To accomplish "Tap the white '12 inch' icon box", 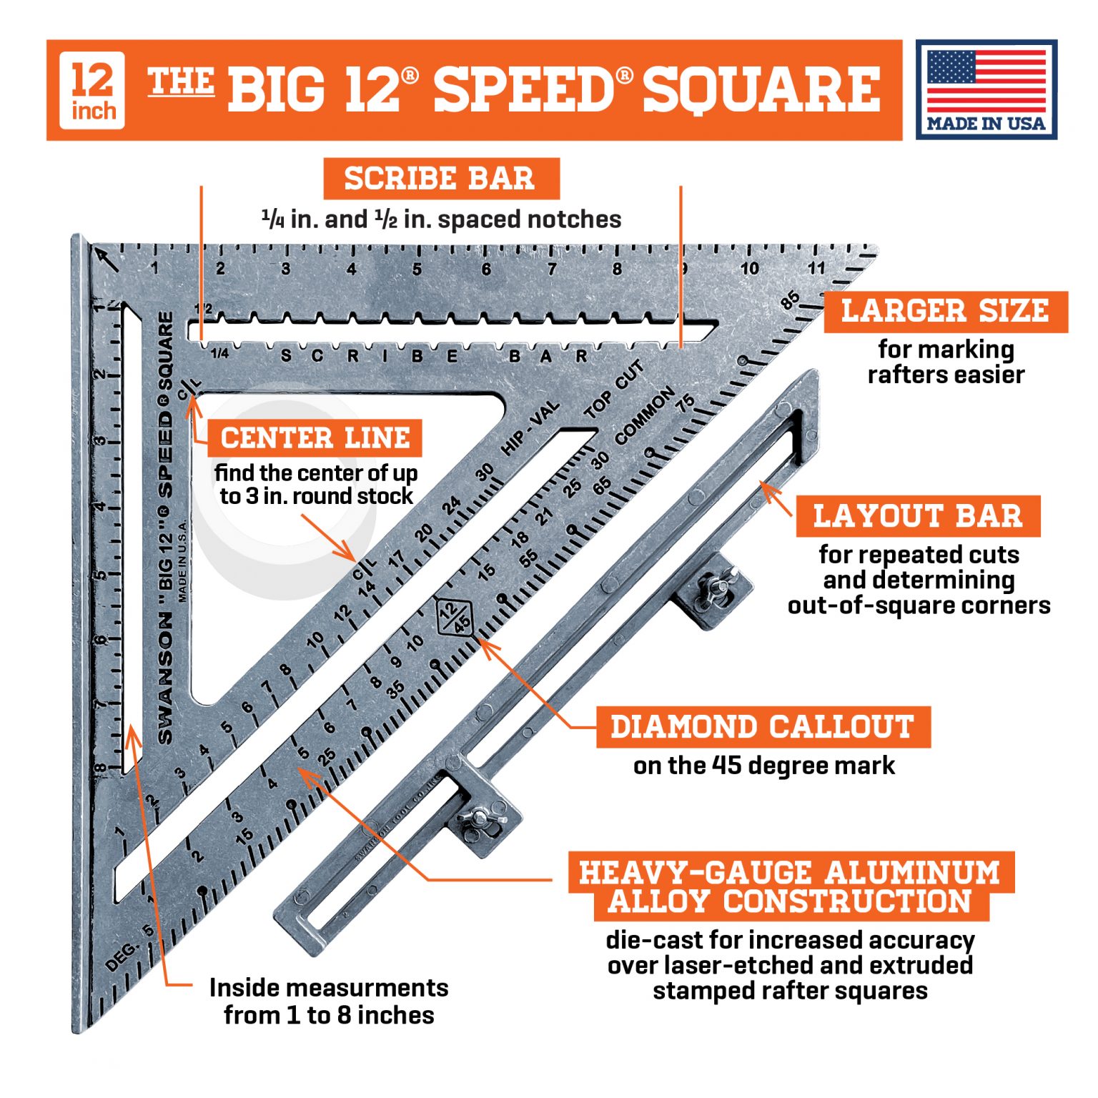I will point(92,91).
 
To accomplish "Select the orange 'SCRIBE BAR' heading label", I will point(440,179).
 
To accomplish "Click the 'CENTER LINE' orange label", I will point(315,437).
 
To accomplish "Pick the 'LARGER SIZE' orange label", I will point(944,311).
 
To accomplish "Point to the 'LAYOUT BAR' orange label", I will point(917,515).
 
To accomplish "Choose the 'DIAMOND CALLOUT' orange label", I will point(763,726).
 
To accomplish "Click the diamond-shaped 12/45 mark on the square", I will point(455,615).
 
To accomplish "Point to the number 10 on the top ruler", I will point(749,269).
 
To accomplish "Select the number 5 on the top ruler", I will point(417,269).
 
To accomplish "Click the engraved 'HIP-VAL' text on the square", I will point(530,428).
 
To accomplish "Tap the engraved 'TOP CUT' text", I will point(614,390).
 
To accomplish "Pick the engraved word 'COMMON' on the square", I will point(644,415).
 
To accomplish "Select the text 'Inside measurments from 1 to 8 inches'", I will point(329,1001).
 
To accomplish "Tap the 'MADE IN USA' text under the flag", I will point(986,123).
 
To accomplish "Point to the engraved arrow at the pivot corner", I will point(108,259).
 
